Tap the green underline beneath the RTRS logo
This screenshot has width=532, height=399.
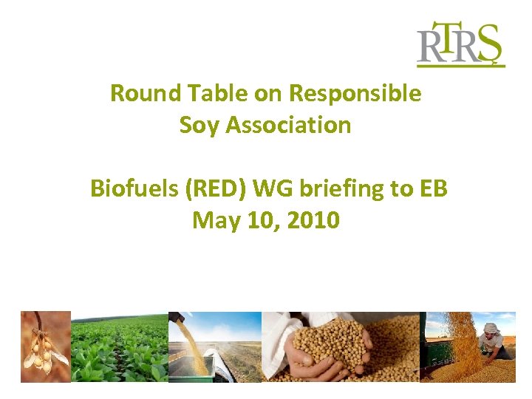pos(460,66)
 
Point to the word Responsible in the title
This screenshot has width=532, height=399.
pos(355,94)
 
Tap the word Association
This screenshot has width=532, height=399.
pos(288,125)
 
